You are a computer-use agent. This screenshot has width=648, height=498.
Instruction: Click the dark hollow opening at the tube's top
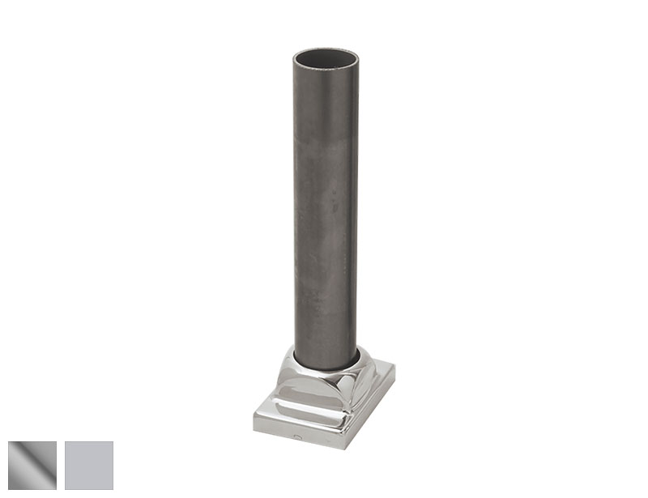[326, 60]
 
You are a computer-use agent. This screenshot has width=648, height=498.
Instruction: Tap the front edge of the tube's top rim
[326, 72]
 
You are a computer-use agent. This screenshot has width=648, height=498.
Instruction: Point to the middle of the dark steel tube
[326, 211]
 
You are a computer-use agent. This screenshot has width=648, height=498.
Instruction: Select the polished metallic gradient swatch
[32, 465]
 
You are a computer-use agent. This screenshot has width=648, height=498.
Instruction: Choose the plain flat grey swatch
[89, 465]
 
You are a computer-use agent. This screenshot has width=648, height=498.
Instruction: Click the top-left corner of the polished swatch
[10, 442]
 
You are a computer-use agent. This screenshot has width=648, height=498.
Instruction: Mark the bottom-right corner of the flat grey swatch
[113, 488]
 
